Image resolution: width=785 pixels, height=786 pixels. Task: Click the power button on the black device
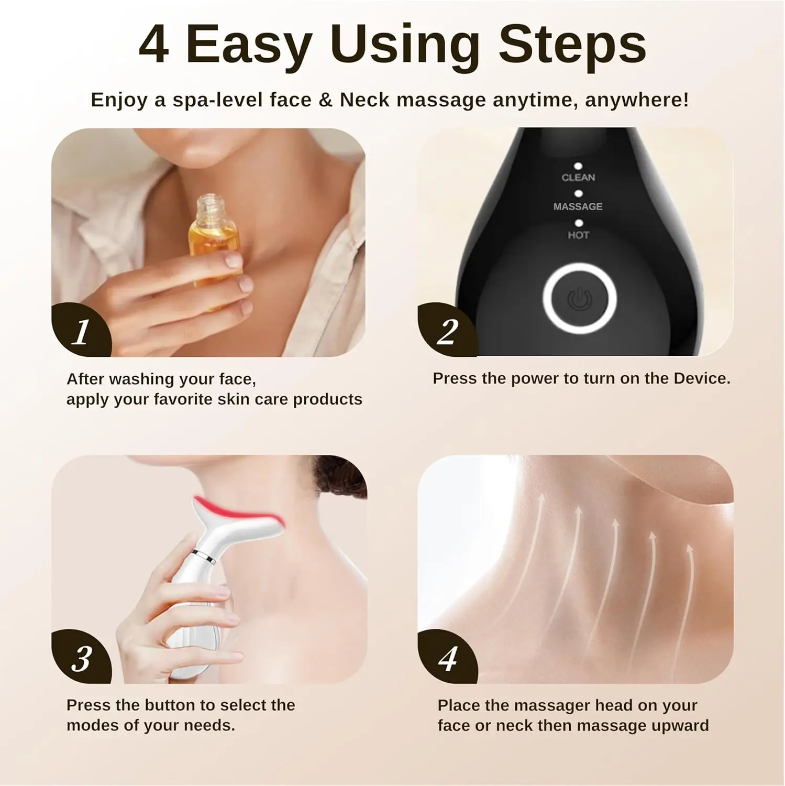579,299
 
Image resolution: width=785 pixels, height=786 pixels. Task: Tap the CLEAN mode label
578,178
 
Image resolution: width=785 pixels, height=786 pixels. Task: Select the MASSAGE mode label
578,206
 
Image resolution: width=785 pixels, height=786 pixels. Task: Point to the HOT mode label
578,235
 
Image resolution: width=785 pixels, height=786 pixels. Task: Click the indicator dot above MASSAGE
578,194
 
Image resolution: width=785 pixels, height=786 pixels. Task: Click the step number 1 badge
81,332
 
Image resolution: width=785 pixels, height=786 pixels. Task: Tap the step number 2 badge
447,332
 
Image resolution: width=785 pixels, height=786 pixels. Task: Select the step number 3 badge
81,658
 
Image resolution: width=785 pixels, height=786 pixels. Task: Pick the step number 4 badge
447,658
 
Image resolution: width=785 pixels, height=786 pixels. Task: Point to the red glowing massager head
236,511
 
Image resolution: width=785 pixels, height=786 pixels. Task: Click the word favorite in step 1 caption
183,399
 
